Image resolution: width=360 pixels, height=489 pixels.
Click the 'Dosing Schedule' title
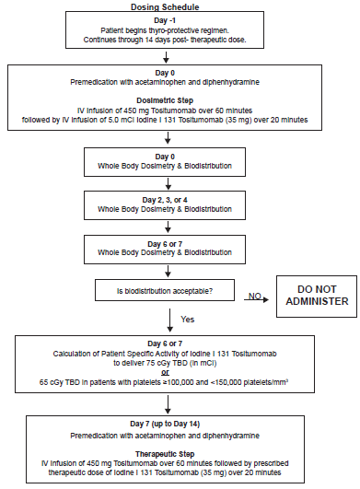tap(165, 6)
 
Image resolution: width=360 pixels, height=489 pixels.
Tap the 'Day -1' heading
tap(165, 20)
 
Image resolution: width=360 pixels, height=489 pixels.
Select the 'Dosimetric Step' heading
tap(165, 100)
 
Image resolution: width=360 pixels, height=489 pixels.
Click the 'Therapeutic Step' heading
tap(165, 454)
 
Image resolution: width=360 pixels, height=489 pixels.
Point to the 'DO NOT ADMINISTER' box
tap(317, 297)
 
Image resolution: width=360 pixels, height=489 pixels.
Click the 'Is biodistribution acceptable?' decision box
tap(165, 290)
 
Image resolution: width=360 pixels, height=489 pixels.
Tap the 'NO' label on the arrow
tap(255, 296)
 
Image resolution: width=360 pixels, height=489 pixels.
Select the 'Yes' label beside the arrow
tap(187, 319)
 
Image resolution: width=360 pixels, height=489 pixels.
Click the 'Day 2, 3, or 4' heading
tap(165, 200)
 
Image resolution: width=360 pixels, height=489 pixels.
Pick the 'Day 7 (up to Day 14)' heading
tap(165, 424)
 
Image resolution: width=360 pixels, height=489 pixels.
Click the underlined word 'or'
tap(165, 372)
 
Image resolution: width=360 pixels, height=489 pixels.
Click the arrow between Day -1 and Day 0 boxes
tap(166, 57)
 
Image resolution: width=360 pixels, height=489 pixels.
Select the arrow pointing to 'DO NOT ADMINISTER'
tap(256, 299)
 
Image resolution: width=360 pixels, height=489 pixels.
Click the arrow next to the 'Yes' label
tap(169, 320)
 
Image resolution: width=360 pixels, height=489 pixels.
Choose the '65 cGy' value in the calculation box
tap(50, 382)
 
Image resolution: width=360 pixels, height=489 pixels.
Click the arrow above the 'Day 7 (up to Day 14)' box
tap(168, 404)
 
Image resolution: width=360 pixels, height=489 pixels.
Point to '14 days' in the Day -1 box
tap(157, 40)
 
